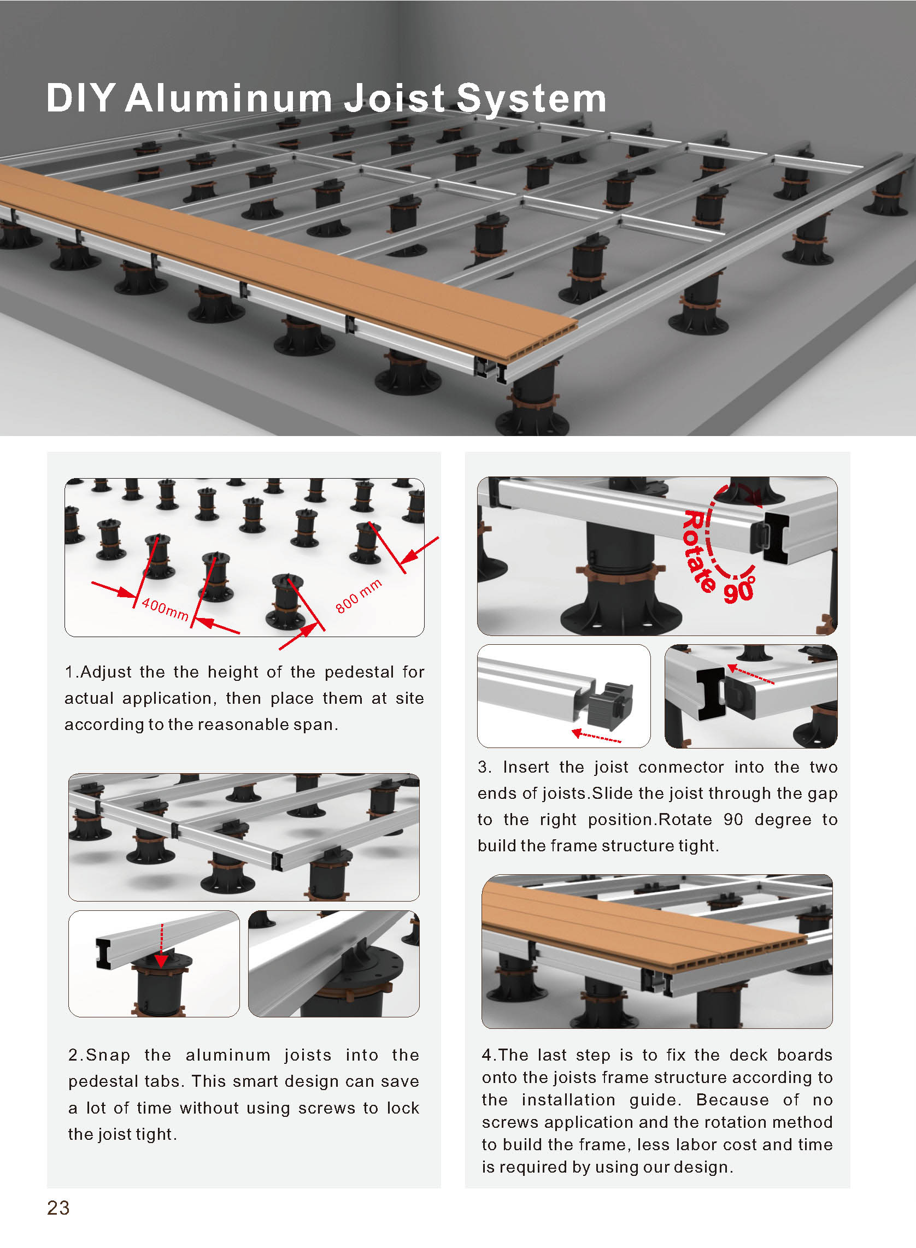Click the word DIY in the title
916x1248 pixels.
(81, 98)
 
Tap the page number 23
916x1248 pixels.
(58, 1208)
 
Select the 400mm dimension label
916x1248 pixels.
(165, 609)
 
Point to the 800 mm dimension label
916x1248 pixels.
(359, 596)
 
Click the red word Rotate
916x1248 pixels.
(700, 551)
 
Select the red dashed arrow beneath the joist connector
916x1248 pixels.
(597, 736)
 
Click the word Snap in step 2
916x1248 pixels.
(108, 1055)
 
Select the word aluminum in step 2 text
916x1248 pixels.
(228, 1055)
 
